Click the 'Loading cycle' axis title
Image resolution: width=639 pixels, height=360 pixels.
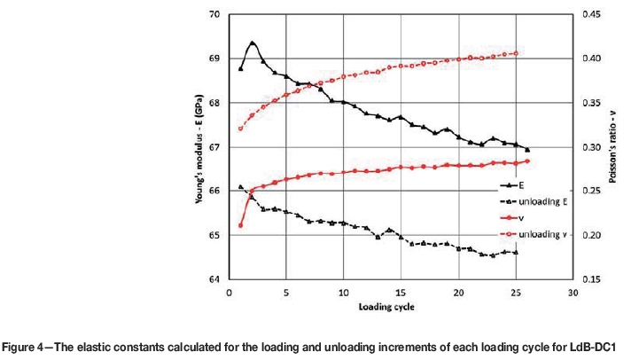401,307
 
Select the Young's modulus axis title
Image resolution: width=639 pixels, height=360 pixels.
198,146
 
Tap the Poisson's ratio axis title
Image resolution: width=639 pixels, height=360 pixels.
612,146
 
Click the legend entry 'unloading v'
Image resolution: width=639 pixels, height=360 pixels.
542,233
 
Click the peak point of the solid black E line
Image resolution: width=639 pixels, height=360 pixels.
253,43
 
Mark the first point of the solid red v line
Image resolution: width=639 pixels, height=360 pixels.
240,225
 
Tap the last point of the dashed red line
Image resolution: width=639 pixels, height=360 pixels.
516,53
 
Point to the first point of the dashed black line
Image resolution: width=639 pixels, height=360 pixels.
240,187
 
